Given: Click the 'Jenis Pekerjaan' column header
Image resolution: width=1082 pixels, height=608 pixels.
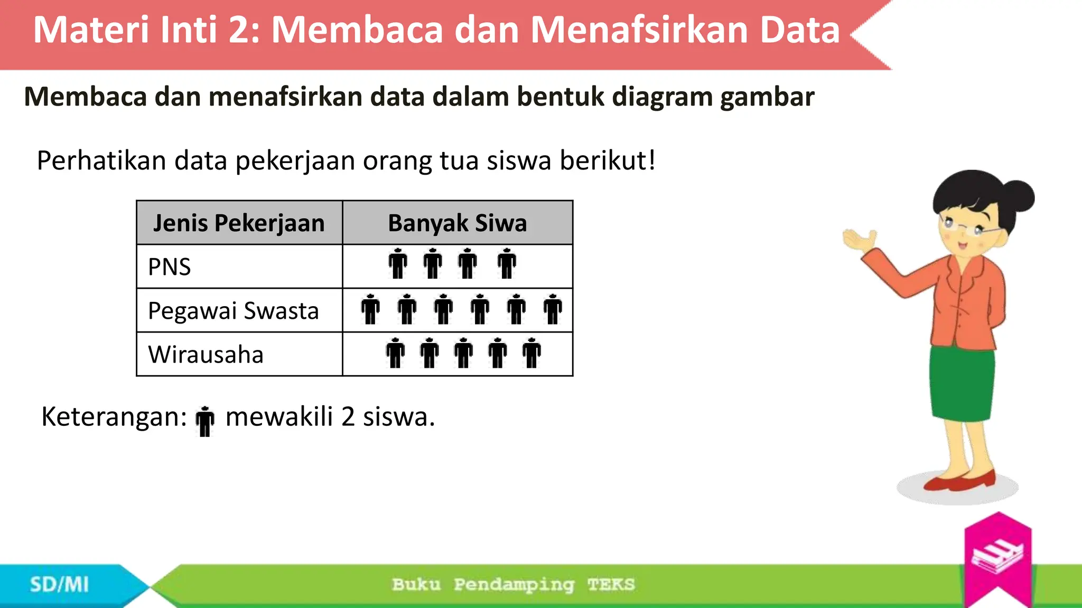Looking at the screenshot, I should tap(239, 223).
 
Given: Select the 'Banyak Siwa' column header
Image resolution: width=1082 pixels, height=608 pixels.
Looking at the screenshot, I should tap(457, 223).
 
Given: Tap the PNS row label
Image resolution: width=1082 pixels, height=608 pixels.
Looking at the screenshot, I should tap(169, 267).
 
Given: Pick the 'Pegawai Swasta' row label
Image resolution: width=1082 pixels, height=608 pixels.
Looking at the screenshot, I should tap(233, 311).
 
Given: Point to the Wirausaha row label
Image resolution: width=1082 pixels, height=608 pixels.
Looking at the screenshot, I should tap(206, 355).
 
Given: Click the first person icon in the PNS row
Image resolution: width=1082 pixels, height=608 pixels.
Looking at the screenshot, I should tap(398, 263).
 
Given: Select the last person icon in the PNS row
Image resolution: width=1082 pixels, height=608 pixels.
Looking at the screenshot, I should tap(507, 263).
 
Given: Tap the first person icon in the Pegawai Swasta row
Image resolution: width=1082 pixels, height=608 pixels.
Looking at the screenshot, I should tap(370, 309).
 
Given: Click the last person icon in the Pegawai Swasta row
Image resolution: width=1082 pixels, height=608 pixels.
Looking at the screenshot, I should tap(553, 309).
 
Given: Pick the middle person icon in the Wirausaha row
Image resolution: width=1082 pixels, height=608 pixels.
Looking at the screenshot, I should tap(463, 353).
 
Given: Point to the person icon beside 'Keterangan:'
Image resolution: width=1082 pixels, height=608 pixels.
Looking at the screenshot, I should tap(205, 421).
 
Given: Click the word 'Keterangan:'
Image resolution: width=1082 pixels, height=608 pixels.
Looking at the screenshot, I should tap(114, 417).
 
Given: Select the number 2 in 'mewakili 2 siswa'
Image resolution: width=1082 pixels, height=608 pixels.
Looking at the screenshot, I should tap(348, 417).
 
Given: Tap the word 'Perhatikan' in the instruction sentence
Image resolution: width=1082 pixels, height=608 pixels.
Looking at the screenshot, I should tap(101, 160).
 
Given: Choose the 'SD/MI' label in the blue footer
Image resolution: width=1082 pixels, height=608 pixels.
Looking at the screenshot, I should tap(59, 585).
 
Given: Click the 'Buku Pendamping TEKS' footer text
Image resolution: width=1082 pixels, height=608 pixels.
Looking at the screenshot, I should tap(513, 585).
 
